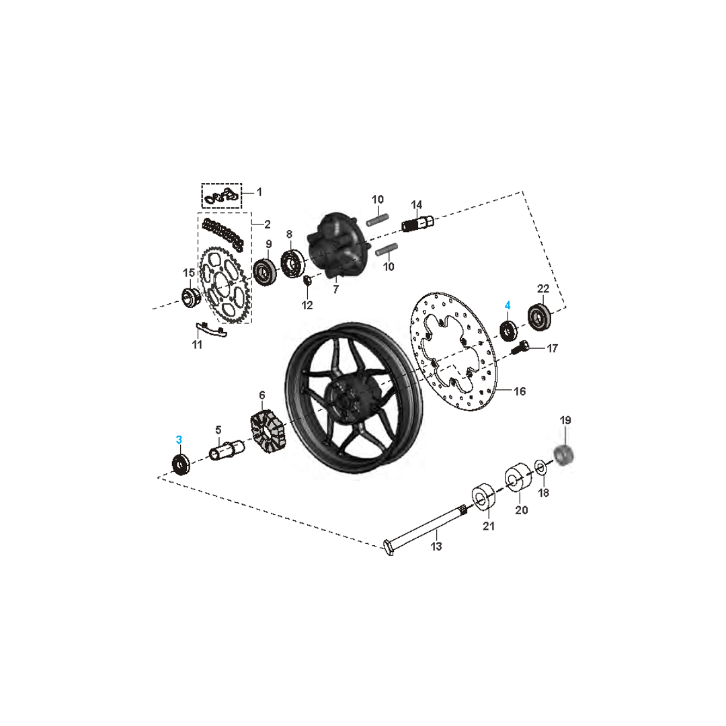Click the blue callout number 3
[179, 440]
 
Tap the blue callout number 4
[508, 306]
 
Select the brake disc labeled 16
[454, 352]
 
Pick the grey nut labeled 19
[565, 454]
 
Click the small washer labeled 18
[540, 467]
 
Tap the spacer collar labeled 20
[518, 479]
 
